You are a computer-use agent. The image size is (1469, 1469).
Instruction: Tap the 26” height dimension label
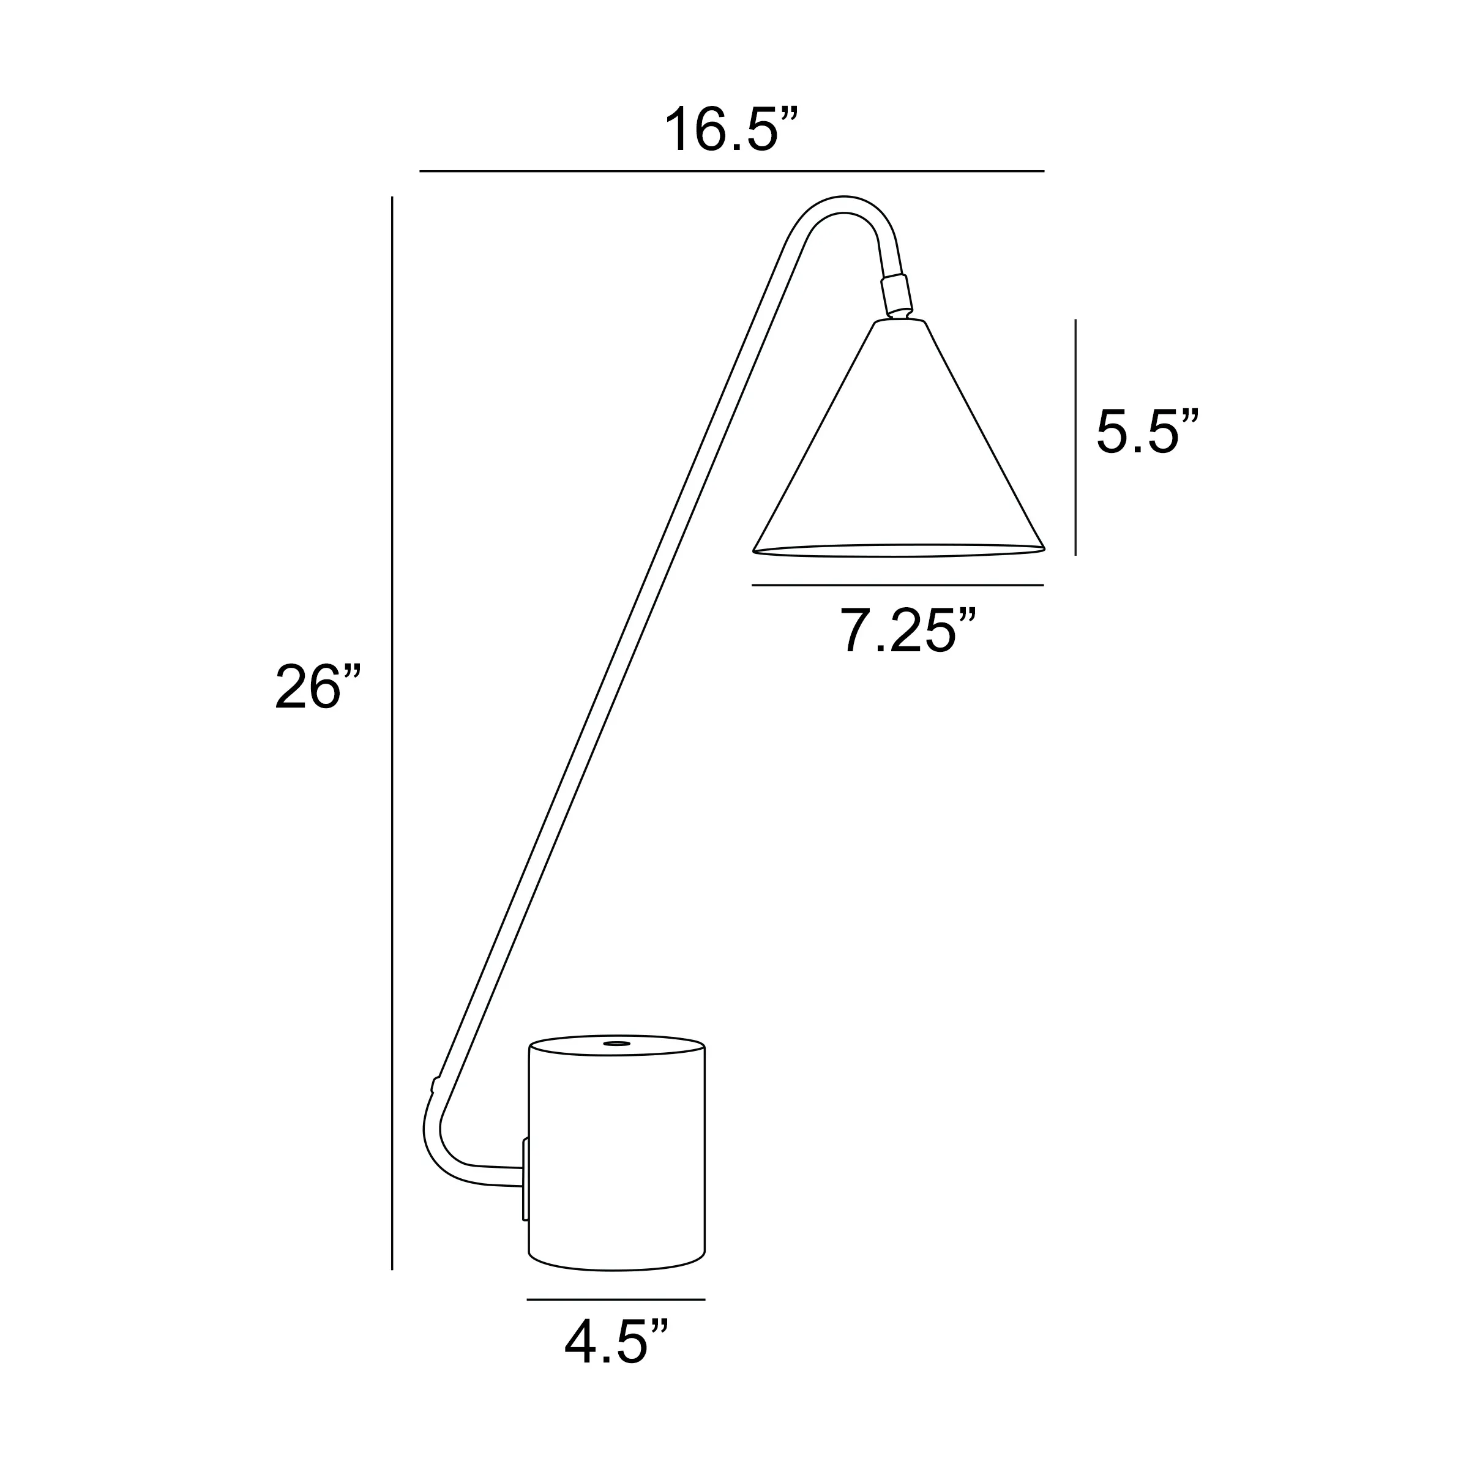tap(318, 687)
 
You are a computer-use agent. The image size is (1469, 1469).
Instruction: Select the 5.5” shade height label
tap(1146, 433)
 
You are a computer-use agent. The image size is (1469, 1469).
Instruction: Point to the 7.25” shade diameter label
tap(906, 631)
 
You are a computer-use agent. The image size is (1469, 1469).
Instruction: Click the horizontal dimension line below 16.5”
tap(731, 171)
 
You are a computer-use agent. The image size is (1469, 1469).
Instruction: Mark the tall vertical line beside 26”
tap(392, 730)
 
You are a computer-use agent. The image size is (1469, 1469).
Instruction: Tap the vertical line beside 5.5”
tap(1075, 437)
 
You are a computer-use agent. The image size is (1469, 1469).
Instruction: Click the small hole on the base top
tap(616, 1044)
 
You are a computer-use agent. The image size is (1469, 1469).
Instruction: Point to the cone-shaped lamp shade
tap(899, 456)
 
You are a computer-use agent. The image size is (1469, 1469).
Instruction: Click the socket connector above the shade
tap(895, 294)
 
